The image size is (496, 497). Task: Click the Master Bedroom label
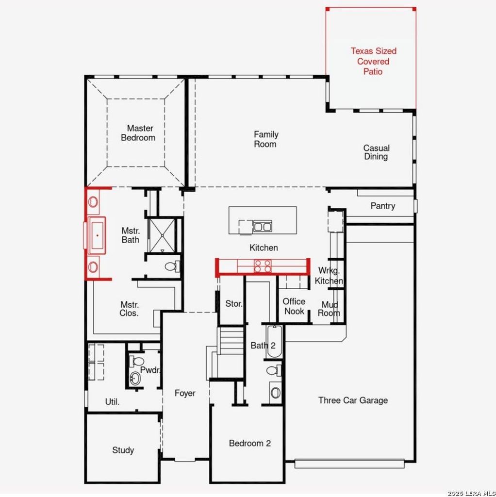(138, 133)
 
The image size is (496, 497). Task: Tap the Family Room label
(266, 139)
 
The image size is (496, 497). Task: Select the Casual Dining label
(376, 152)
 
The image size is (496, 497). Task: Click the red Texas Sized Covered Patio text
(373, 61)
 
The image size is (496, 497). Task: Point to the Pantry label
(383, 206)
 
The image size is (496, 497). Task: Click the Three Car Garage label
(353, 400)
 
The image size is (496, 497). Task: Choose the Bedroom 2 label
(250, 443)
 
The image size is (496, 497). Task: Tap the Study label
(123, 450)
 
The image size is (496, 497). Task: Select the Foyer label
(185, 393)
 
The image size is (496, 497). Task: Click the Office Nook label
(294, 306)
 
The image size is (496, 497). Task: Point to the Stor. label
(234, 304)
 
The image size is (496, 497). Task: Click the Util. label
(112, 402)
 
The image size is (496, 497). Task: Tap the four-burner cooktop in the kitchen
(263, 266)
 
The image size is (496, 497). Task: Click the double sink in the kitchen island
(263, 227)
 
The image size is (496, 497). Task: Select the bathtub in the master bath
(97, 235)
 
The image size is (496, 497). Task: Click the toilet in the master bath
(172, 266)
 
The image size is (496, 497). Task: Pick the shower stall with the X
(162, 235)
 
